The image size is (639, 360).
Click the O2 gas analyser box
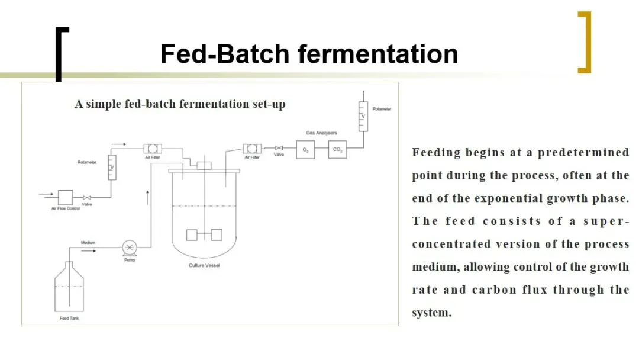point(305,150)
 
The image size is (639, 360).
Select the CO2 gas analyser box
point(337,150)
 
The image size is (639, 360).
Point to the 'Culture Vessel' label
point(204,265)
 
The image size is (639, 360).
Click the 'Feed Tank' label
point(69,319)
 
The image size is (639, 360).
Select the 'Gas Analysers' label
point(321,133)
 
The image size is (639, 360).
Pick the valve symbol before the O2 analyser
point(279,148)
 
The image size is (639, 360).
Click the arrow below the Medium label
point(88,250)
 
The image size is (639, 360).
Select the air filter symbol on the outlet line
point(252,148)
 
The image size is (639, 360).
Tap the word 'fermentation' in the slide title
point(378,54)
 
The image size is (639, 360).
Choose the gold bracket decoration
point(585,42)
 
